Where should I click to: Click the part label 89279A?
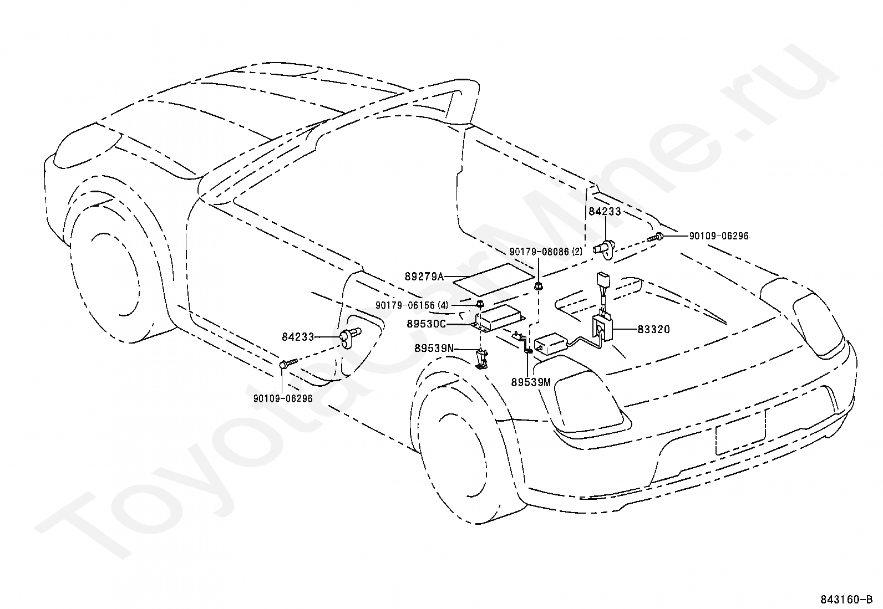click(x=424, y=277)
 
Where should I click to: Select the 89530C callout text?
click(x=426, y=324)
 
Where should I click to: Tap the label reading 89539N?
click(x=434, y=348)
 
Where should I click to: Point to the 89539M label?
click(x=531, y=382)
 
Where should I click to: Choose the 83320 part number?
click(x=653, y=329)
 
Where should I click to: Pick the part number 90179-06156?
click(x=405, y=305)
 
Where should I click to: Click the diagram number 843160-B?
click(x=845, y=600)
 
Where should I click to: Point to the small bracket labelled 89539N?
click(x=481, y=359)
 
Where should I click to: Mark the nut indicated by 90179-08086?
click(x=537, y=286)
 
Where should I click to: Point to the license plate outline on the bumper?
click(x=740, y=432)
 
